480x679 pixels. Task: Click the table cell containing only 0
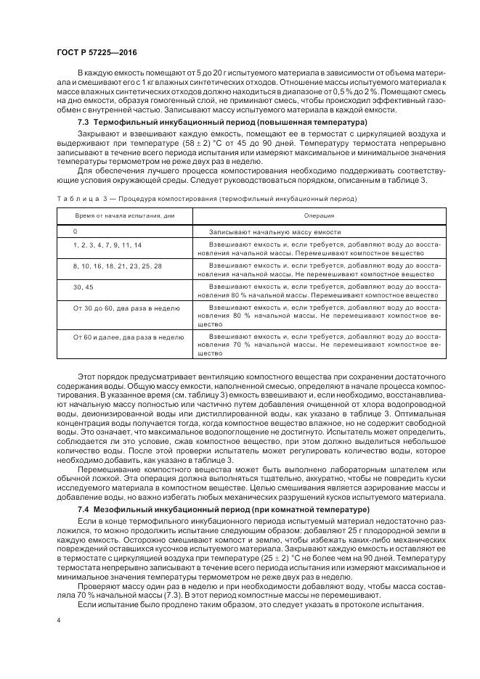tap(75, 231)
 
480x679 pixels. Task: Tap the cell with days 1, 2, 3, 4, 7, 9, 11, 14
tap(107, 246)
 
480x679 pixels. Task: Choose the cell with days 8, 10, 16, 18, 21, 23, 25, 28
tap(118, 267)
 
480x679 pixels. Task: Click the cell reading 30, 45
tap(84, 288)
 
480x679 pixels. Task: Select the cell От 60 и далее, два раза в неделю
tap(123, 337)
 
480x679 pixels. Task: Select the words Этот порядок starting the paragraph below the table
tap(99, 371)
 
